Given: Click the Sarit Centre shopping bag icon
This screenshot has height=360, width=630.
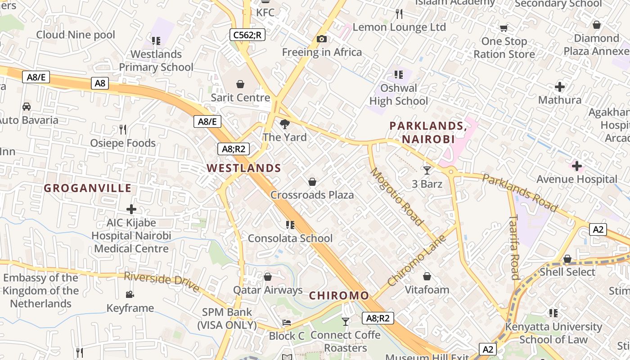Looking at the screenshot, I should tap(240, 84).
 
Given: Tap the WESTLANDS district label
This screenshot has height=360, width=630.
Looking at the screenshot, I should tap(244, 168).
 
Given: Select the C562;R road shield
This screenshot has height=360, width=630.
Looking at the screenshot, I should tap(247, 35).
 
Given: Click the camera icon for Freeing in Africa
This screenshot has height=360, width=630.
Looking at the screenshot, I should tap(321, 39).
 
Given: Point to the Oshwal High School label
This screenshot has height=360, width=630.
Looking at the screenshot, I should tap(399, 94).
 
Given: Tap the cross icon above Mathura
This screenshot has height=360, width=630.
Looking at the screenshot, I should tap(560, 86).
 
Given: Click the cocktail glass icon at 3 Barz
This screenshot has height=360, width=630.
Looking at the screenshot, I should tap(427, 170).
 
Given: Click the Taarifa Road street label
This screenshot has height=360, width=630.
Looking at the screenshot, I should tap(514, 247).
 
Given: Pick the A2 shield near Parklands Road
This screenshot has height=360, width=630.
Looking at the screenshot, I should tap(598, 229).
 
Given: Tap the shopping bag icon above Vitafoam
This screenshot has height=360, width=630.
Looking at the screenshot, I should tap(427, 276).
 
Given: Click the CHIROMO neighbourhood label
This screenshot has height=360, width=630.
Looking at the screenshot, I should tap(339, 296).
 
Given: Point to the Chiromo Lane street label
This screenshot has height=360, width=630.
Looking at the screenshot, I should tap(417, 260).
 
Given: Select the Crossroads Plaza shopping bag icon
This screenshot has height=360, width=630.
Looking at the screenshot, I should tap(312, 182).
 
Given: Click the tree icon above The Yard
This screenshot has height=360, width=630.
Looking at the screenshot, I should tap(284, 124).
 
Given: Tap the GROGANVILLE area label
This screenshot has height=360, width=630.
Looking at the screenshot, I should tap(88, 188).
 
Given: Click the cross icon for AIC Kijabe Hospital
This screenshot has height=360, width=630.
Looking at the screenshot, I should tap(131, 209).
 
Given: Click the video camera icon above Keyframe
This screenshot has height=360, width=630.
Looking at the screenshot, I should tap(130, 295).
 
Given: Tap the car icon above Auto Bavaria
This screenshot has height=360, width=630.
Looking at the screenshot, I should tap(27, 107).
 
